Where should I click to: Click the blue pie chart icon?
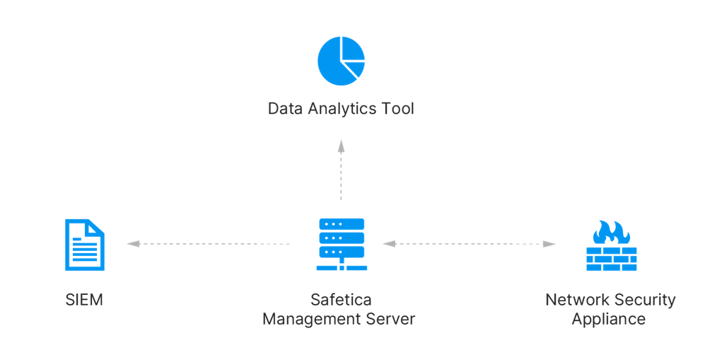341,61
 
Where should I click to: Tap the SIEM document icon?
85,245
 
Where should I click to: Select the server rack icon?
342,245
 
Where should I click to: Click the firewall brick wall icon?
611,246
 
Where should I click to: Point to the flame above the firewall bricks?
611,232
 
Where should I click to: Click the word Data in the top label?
285,109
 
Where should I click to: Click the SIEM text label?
84,300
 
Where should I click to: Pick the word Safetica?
341,300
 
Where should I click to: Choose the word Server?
390,319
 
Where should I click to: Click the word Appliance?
609,320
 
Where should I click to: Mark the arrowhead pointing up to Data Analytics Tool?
341,146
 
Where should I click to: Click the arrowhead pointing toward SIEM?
133,243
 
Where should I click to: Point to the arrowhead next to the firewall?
549,244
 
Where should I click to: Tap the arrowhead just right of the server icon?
390,243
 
